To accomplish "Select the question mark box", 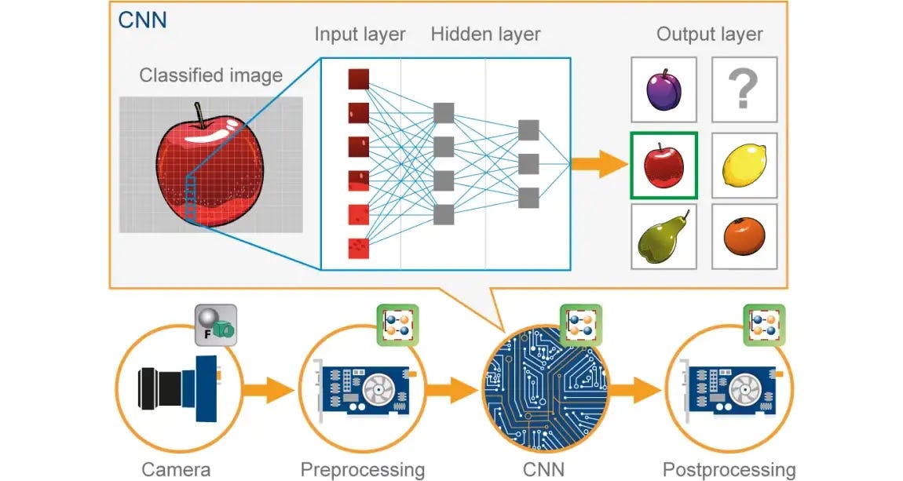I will click(x=744, y=89).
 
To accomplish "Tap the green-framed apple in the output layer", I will click(x=664, y=166).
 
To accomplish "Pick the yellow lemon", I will click(x=744, y=166).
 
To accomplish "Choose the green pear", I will click(x=664, y=239).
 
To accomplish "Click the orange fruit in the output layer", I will click(x=744, y=238).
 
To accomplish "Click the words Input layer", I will click(x=360, y=35).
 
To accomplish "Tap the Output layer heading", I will click(x=709, y=35).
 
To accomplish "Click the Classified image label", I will click(x=210, y=75).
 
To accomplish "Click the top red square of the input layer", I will click(x=358, y=79).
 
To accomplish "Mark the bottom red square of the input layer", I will click(x=358, y=248).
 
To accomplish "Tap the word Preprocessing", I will click(x=363, y=470).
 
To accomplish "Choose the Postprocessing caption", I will click(x=729, y=470).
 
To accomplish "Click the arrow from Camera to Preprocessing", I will click(x=265, y=388).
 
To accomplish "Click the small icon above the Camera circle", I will click(x=214, y=325).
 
